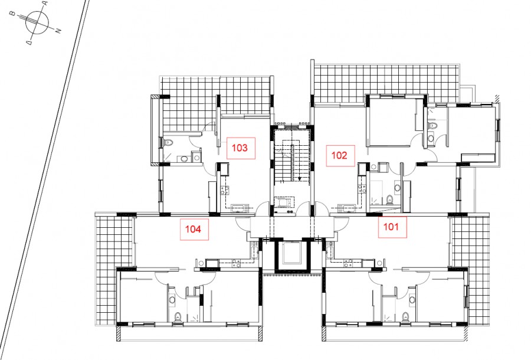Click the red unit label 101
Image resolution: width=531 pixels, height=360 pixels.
point(391,227)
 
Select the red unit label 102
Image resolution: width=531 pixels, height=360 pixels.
point(340,155)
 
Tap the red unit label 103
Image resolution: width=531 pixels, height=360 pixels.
point(240,148)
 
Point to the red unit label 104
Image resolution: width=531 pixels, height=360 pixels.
point(193,229)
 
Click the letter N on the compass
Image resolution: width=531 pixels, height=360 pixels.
point(58,31)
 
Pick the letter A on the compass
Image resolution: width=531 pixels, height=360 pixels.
point(45,3)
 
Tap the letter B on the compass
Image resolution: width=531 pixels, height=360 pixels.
point(12,14)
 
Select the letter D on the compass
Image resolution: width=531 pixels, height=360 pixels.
point(29,42)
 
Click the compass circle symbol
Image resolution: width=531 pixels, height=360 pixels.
point(37,22)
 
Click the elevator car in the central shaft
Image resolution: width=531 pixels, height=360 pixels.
point(292,253)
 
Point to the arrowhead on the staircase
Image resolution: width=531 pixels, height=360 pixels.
point(299,179)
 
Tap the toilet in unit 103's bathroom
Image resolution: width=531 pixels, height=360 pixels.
point(169,143)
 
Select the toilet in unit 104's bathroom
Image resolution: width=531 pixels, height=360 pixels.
point(178,317)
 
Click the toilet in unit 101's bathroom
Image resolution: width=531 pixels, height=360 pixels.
point(405,317)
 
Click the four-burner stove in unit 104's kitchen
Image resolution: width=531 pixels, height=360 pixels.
point(236,263)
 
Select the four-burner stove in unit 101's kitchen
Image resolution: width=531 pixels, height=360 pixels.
point(349,263)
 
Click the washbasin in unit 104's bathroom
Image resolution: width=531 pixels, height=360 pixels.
point(172,300)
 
